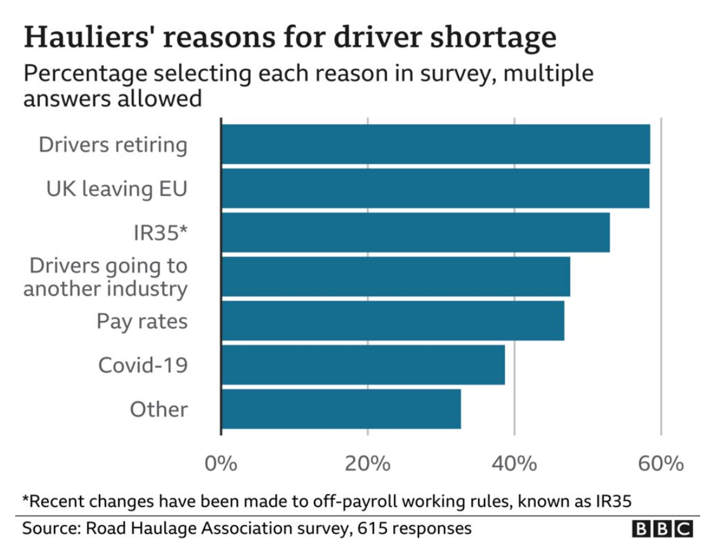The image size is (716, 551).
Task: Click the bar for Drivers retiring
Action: coord(435,145)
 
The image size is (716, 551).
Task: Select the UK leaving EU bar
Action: coord(435,188)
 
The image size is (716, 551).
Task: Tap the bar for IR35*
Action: coord(415,232)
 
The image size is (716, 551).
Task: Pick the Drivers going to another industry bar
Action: coord(395,276)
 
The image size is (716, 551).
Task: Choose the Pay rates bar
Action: coord(393,320)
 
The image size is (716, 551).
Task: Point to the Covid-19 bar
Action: coord(363,365)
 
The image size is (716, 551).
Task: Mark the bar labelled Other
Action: coord(341,409)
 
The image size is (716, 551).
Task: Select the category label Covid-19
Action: coord(143,365)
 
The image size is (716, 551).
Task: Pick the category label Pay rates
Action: coord(142,321)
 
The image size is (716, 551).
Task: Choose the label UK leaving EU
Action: coord(117,189)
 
